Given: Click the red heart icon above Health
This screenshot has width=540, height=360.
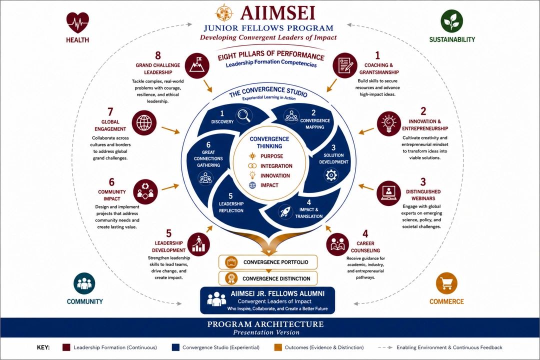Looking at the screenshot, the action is click(x=77, y=22).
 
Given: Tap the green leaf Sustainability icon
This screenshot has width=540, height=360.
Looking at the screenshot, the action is click(x=451, y=21).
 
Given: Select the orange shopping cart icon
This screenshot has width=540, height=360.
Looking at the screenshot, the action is click(x=446, y=283).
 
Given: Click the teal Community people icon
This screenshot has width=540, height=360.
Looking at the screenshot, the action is click(x=84, y=283).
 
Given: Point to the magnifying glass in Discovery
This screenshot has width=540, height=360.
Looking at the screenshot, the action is click(x=244, y=116).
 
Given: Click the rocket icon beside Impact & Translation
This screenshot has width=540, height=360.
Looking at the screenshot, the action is click(x=285, y=211).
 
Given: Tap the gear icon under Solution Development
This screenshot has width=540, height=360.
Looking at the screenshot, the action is click(x=331, y=175).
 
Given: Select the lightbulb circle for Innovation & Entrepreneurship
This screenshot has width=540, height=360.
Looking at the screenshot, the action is click(x=389, y=123).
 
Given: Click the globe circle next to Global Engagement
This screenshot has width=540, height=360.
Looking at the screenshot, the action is click(x=144, y=122).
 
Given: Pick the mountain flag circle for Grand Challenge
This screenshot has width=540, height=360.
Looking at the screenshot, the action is click(x=197, y=65).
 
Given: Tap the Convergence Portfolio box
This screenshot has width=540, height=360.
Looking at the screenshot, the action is click(x=268, y=262).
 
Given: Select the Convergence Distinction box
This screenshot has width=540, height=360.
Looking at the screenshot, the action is click(x=268, y=278).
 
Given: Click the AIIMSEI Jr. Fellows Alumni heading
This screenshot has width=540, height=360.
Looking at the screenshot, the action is click(x=277, y=293).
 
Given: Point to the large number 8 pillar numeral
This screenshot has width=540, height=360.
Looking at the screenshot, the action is click(x=158, y=55).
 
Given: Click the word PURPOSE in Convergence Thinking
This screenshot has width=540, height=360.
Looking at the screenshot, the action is click(x=271, y=156).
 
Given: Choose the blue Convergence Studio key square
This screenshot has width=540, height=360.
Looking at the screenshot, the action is click(x=175, y=347).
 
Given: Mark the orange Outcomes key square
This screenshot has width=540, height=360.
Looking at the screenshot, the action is click(x=278, y=347).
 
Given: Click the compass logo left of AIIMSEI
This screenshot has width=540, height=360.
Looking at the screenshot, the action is click(x=224, y=13).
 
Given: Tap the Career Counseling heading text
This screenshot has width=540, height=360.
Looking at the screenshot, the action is click(x=365, y=246).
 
